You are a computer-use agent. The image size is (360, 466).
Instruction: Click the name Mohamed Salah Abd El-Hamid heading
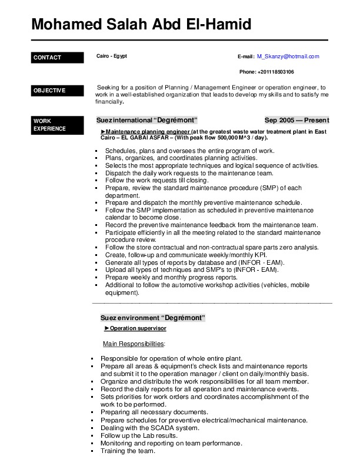coord(141,25)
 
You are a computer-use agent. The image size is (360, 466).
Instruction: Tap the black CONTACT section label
coord(58,58)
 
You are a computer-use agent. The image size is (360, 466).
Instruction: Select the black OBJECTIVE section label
coord(58,91)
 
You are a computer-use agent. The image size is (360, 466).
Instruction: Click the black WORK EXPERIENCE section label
coord(58,125)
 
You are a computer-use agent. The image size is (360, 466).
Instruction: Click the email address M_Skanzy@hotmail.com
coord(288,56)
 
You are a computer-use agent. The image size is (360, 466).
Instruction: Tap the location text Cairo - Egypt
coord(112,56)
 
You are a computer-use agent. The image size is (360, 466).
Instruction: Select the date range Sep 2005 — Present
coord(296,121)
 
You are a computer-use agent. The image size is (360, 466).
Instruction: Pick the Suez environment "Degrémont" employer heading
coord(152,318)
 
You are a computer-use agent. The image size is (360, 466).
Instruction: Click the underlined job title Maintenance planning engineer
coord(148,132)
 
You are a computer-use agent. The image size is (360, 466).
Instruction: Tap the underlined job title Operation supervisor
coord(138,328)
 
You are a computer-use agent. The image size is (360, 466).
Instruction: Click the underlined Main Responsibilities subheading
coord(134,344)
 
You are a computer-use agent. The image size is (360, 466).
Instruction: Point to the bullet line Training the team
coord(128,451)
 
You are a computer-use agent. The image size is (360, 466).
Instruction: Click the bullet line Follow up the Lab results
coord(139,436)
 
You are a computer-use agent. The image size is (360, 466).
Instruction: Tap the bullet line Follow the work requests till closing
coord(157,181)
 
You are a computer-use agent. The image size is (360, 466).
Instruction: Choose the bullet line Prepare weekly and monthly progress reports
coord(171,277)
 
